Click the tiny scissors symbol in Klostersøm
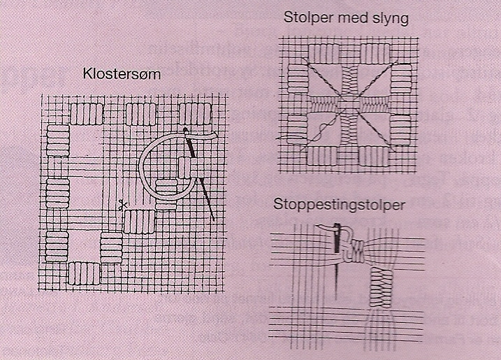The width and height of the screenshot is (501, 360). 122,206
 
